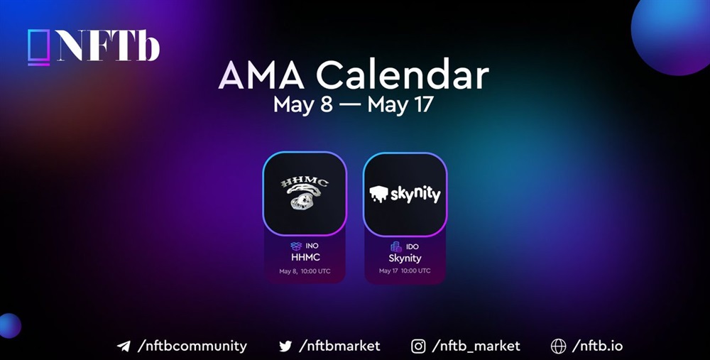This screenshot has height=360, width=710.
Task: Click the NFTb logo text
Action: [109, 45]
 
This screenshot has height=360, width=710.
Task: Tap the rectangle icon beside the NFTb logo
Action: [38, 47]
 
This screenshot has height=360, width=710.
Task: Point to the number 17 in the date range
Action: [422, 104]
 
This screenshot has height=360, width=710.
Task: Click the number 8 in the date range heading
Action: [326, 104]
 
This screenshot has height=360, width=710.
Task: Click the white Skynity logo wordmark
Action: [405, 194]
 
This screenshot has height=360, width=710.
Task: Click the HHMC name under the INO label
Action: [305, 257]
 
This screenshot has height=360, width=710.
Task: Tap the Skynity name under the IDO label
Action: [405, 258]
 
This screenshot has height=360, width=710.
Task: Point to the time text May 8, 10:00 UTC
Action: [305, 271]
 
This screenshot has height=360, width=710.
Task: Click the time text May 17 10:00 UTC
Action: [405, 271]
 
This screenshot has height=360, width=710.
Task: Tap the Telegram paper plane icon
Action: [124, 347]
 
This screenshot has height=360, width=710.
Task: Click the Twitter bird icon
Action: [285, 347]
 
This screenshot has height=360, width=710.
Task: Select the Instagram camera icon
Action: [418, 347]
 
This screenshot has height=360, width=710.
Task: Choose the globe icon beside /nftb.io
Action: [558, 347]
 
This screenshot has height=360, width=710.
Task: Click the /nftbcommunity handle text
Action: [192, 347]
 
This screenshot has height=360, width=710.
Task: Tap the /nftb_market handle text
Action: [476, 347]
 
